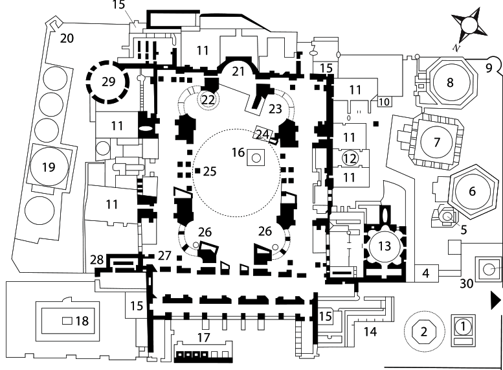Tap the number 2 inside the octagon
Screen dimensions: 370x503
[425, 332]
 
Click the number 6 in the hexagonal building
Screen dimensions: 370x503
[471, 191]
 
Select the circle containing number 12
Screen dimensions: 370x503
[350, 158]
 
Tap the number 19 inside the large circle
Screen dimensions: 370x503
[49, 168]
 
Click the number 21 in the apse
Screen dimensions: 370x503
[239, 70]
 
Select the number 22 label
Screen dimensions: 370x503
[208, 99]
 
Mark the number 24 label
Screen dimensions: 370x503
[262, 134]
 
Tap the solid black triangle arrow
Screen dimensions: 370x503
[495, 299]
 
